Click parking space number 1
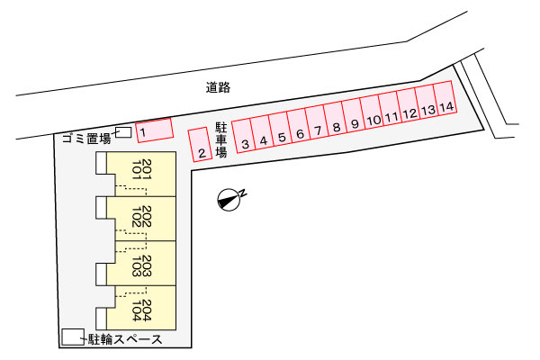pos(153,130)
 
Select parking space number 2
pos(199,144)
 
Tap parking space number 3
pos(244,136)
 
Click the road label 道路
pos(218,87)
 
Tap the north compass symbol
pos(230,199)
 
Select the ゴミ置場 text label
pos(86,139)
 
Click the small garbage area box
pos(123,133)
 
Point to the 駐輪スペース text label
pos(125,339)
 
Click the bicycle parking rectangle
pos(71,337)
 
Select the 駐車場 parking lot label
pos(220,140)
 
